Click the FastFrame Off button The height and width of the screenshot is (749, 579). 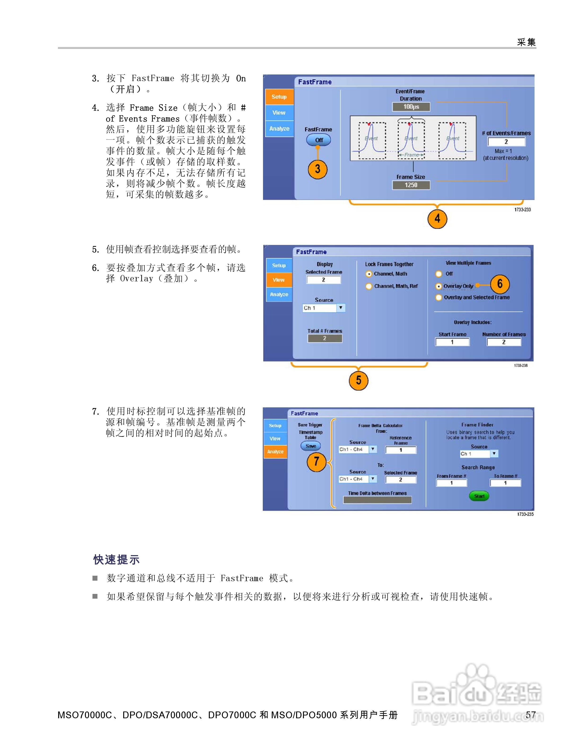318,140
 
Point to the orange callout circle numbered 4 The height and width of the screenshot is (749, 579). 437,219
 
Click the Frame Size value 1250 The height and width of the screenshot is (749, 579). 411,185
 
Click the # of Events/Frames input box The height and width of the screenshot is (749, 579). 506,142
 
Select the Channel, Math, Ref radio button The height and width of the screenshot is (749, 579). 369,286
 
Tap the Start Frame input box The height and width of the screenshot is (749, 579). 452,342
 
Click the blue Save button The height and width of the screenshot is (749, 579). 311,446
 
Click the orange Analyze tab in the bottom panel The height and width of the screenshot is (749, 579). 275,452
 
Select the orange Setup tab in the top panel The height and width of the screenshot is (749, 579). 279,97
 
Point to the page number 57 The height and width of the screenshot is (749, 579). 531,715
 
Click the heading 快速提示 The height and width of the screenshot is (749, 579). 117,559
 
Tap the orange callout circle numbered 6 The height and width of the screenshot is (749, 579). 500,284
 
